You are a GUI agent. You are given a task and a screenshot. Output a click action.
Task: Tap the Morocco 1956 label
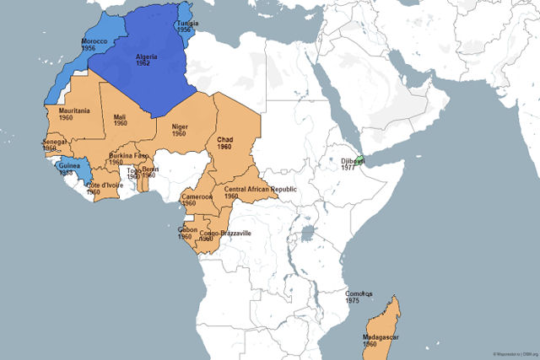(94, 45)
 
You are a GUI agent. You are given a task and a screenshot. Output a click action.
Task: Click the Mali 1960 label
(121, 119)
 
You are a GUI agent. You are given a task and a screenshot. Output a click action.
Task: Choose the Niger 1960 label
(179, 129)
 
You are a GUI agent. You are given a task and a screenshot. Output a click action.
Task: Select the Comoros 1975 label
(359, 297)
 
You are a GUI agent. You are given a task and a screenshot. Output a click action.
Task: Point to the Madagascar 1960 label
(372, 340)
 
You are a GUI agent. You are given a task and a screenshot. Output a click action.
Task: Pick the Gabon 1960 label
(186, 233)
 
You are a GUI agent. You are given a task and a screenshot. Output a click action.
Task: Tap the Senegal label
(56, 145)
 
